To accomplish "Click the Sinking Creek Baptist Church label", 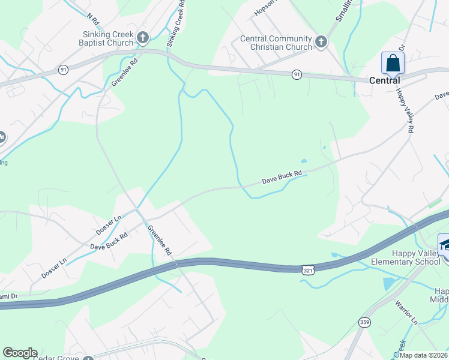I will click(107, 38).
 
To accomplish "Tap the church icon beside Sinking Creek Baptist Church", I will click(143, 38).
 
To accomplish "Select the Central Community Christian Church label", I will click(276, 43).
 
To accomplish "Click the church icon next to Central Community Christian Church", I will click(321, 42).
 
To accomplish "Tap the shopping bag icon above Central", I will click(393, 63).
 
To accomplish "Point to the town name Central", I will click(384, 80).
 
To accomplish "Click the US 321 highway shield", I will click(308, 269).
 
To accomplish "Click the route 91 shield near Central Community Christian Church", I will click(297, 74).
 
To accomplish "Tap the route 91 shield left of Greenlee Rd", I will click(64, 70).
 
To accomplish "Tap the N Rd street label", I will click(92, 14).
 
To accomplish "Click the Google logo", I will click(20, 353).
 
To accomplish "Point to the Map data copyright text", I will click(424, 355).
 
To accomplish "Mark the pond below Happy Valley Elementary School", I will click(389, 284).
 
